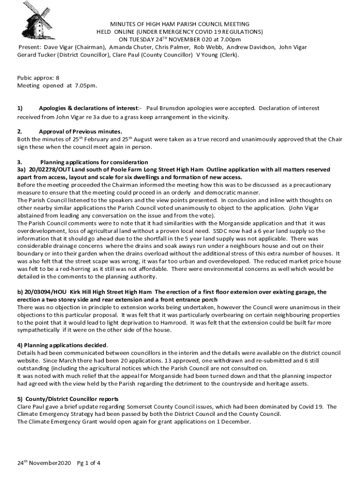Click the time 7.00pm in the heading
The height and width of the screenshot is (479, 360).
click(230, 40)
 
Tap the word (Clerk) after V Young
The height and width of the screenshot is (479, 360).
click(229, 55)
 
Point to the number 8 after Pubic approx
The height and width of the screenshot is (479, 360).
click(58, 78)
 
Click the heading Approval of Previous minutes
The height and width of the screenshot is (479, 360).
click(80, 131)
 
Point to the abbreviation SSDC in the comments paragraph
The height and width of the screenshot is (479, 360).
click(221, 231)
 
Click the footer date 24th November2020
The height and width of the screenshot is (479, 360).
click(43, 464)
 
